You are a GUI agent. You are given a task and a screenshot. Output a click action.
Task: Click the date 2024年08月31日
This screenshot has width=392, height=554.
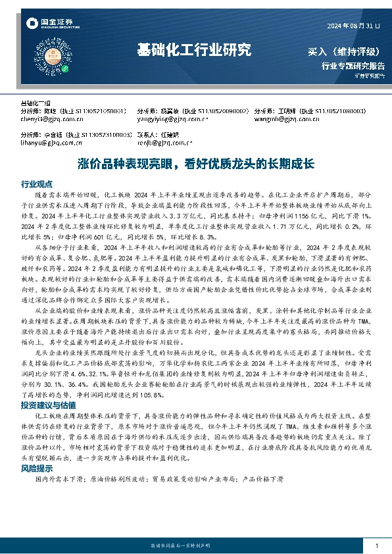(x=353, y=26)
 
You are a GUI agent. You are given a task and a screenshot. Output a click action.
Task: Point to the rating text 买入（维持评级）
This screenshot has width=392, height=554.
(x=343, y=51)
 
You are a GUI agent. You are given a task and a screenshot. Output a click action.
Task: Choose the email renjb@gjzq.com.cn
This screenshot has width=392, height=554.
(x=164, y=141)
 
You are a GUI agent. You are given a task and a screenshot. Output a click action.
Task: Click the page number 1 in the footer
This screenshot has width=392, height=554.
(x=376, y=546)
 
